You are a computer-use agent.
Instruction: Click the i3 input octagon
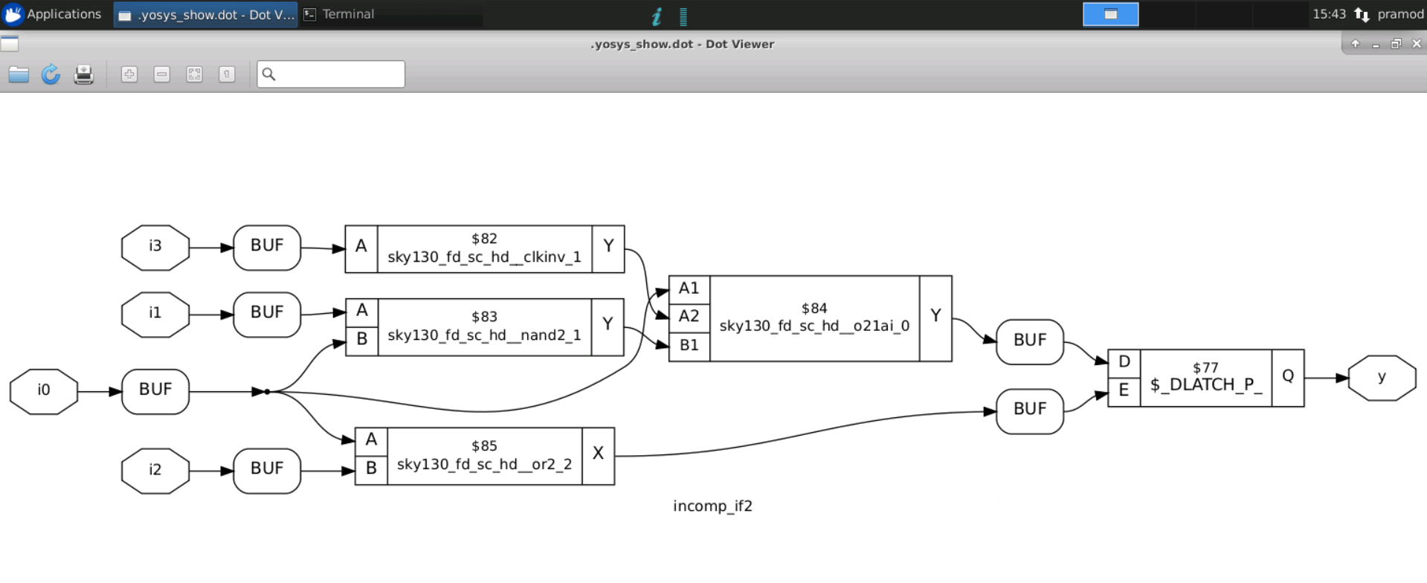pos(155,247)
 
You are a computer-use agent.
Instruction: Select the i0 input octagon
pos(43,390)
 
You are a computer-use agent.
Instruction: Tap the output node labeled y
pos(1381,378)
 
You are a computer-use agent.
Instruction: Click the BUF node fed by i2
pos(266,470)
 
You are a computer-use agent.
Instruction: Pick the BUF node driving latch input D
pos(1029,341)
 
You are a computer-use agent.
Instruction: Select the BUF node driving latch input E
pos(1029,410)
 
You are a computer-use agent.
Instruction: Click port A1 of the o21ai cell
pos(689,289)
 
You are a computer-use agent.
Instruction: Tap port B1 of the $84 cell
pos(689,346)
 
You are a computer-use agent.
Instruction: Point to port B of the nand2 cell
pos(361,341)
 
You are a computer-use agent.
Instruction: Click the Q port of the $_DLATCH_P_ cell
pos(1287,377)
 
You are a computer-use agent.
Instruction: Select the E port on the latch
pos(1124,391)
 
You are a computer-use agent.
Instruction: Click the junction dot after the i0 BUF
pos(267,391)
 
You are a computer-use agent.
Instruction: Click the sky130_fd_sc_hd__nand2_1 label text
pos(484,335)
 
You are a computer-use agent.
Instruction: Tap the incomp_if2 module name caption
pos(712,506)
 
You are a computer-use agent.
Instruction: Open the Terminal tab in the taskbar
pos(347,14)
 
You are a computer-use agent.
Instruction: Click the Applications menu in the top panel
pos(54,14)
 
